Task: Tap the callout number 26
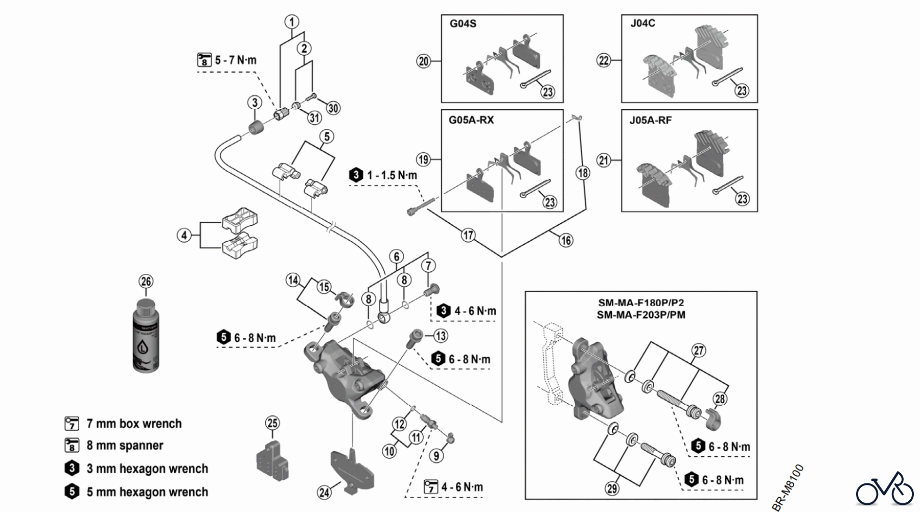point(146,281)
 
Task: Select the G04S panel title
point(463,24)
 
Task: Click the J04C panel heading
point(642,24)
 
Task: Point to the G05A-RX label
point(471,120)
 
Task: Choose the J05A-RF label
point(650,121)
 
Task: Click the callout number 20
point(424,61)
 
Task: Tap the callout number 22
point(604,60)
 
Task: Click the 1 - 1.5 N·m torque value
point(392,175)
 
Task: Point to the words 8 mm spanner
point(125,446)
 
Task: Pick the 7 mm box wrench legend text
point(134,424)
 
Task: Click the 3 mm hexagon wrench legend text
point(147,469)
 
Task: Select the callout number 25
point(272,423)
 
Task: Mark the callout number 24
point(324,493)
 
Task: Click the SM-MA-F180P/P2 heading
point(641,302)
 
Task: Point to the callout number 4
point(184,236)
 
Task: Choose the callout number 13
point(441,336)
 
